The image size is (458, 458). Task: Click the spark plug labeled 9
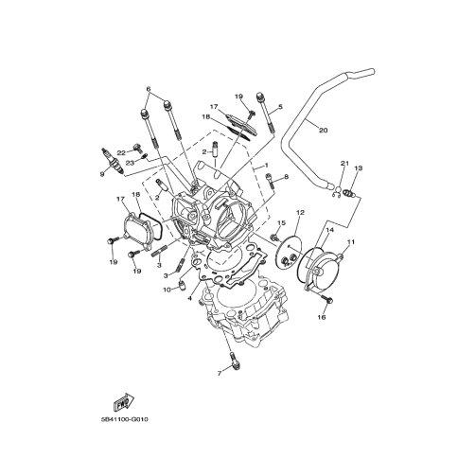click(x=112, y=161)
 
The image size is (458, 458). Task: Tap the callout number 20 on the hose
click(x=323, y=130)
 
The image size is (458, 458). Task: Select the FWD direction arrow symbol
click(x=124, y=401)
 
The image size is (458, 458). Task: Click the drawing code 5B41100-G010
click(x=125, y=420)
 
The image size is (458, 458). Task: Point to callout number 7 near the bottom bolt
click(x=220, y=374)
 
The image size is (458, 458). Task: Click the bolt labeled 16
click(x=326, y=300)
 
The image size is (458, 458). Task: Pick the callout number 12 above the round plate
click(x=300, y=213)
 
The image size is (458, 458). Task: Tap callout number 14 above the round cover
click(x=329, y=230)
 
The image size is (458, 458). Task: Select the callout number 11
click(x=351, y=242)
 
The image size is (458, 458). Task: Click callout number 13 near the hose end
click(x=358, y=167)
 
